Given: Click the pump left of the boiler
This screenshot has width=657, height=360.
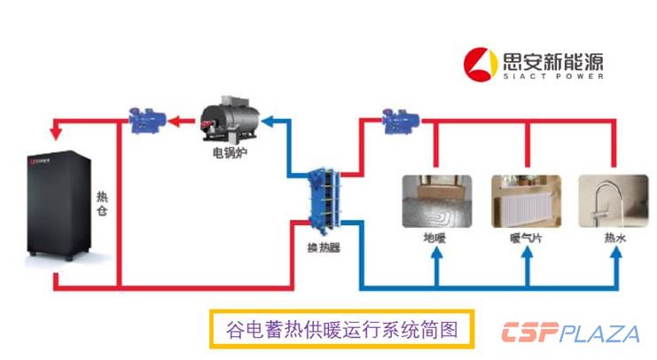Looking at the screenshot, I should click(x=143, y=121).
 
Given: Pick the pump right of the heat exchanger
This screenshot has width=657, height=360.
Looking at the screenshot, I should click(x=394, y=121).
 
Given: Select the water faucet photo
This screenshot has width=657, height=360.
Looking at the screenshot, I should click(x=614, y=202).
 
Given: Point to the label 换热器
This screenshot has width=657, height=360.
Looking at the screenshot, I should click(x=323, y=248).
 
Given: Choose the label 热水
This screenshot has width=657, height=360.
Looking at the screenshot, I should click(x=614, y=239).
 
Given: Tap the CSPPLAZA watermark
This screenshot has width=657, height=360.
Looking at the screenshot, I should click(x=569, y=333).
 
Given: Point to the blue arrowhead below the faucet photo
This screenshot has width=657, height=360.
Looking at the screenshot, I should click(x=614, y=258).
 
